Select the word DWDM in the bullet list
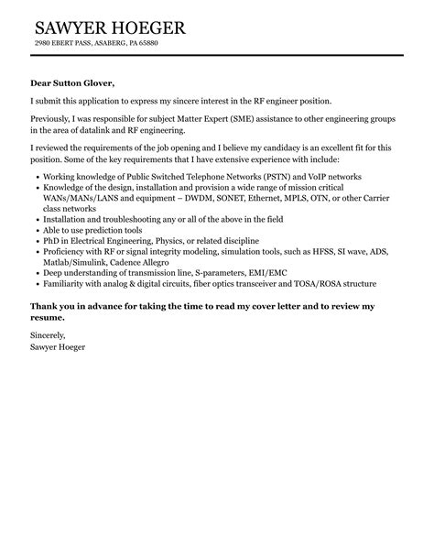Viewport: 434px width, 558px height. [201, 198]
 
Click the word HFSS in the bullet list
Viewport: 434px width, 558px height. [331, 253]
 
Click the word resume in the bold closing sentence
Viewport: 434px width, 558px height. [48, 316]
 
